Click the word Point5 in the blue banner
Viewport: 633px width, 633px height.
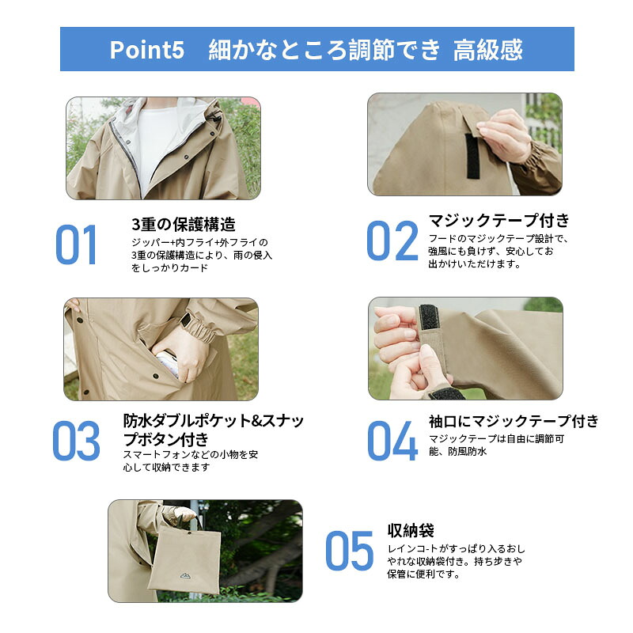click(147, 50)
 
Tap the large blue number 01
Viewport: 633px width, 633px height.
click(76, 244)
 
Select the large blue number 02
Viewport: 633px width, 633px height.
click(392, 241)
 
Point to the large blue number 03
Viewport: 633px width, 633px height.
click(76, 441)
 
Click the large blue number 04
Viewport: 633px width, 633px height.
click(392, 441)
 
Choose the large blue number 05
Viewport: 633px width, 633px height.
click(350, 551)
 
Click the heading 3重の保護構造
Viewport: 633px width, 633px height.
click(184, 225)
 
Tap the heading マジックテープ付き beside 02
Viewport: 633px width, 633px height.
click(499, 221)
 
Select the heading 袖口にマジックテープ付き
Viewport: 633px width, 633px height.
click(514, 421)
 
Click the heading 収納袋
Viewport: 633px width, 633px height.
click(411, 530)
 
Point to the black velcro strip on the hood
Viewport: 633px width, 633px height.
click(472, 156)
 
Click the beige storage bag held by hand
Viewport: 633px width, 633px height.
click(184, 559)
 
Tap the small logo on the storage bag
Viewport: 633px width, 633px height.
click(185, 576)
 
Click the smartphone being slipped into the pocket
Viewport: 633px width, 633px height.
click(169, 362)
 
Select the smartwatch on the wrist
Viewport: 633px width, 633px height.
click(186, 320)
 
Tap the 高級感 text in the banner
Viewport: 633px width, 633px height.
click(487, 50)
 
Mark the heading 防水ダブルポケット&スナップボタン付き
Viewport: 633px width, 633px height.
click(213, 430)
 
